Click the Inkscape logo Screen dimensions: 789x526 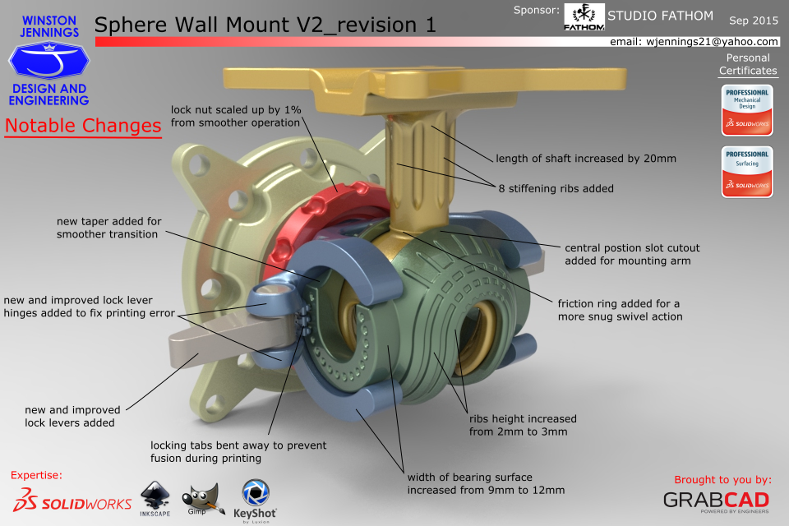pyautogui.click(x=155, y=498)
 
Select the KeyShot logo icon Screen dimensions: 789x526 pyautogui.click(x=256, y=493)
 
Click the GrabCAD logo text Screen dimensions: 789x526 pyautogui.click(x=716, y=500)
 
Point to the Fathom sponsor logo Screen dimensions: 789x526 pyautogui.click(x=584, y=16)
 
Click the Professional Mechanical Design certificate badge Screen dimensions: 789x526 pyautogui.click(x=747, y=110)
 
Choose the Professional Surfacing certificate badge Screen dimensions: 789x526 pyautogui.click(x=747, y=172)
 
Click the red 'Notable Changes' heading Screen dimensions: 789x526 pyautogui.click(x=83, y=126)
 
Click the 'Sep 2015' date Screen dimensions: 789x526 pyautogui.click(x=754, y=21)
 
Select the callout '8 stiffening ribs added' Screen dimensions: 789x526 pyautogui.click(x=556, y=189)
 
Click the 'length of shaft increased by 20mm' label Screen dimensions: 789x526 pyautogui.click(x=586, y=159)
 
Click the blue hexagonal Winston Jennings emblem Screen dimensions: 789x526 pyautogui.click(x=48, y=60)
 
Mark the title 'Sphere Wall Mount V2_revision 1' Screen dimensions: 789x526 pyautogui.click(x=265, y=25)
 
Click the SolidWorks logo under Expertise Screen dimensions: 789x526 pyautogui.click(x=72, y=500)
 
